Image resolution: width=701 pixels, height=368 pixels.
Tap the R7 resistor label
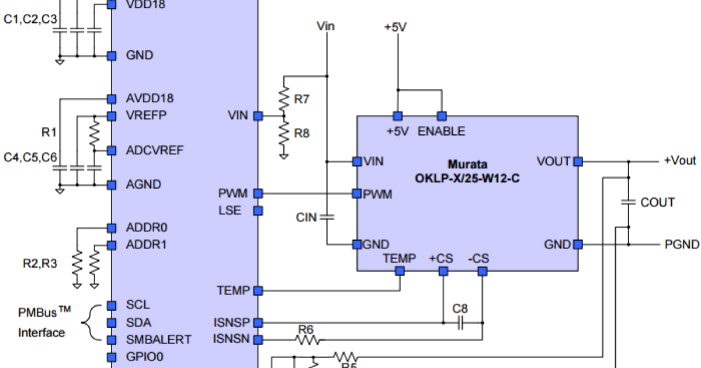pyautogui.click(x=301, y=99)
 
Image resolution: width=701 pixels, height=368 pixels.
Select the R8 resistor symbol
pyautogui.click(x=283, y=134)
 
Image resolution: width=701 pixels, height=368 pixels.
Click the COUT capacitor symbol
pyautogui.click(x=629, y=202)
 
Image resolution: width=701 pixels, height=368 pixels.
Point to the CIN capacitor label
pyautogui.click(x=306, y=217)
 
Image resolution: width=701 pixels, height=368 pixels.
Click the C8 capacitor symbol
pyautogui.click(x=460, y=322)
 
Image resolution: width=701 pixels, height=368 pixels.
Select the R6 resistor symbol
pyautogui.click(x=307, y=339)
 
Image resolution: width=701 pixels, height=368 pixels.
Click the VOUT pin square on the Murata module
pyautogui.click(x=578, y=161)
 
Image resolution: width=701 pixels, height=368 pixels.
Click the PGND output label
pyautogui.click(x=682, y=244)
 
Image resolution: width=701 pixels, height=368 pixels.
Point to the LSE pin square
pyautogui.click(x=258, y=210)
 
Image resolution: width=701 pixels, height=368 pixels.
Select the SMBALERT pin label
pyautogui.click(x=158, y=339)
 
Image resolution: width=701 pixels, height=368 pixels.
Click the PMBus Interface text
pyautogui.click(x=42, y=322)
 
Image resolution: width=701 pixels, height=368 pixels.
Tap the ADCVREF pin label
pyautogui.click(x=155, y=150)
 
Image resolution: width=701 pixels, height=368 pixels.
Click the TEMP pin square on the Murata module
pyautogui.click(x=400, y=270)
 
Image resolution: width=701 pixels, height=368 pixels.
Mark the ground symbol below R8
pyautogui.click(x=283, y=156)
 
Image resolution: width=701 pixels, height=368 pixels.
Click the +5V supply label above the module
pyautogui.click(x=395, y=27)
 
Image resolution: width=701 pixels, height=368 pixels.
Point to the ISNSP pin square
pyautogui.click(x=258, y=322)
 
